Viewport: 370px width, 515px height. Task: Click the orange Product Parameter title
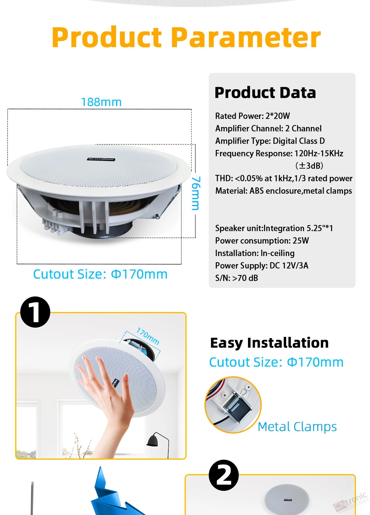coord(186,37)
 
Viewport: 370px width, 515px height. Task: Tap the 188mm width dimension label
coord(101,102)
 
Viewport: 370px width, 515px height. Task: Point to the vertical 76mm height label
coord(196,193)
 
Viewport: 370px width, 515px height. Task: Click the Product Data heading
coord(265,92)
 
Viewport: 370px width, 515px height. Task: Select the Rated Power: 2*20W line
coord(252,116)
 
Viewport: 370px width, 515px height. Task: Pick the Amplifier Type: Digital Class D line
coord(270,141)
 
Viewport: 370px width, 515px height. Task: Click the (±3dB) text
coord(309,166)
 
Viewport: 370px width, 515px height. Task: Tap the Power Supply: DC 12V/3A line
coord(261,266)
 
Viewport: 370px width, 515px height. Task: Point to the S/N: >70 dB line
coord(236,278)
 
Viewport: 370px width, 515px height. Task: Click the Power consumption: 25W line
coord(262,240)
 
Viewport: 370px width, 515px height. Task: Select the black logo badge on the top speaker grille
coord(101,159)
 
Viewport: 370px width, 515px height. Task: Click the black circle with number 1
coord(35,312)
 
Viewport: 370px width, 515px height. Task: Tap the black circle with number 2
coord(224,475)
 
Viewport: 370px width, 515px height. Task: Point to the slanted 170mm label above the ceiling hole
coord(148,336)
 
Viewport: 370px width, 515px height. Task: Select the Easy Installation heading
coord(270,343)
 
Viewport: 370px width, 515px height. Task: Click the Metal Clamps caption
coord(297,427)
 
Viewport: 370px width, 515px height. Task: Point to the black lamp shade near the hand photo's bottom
coord(153,441)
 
